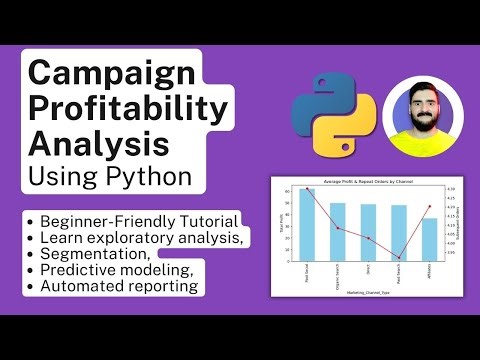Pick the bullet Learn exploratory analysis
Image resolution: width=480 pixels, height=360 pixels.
pyautogui.click(x=140, y=237)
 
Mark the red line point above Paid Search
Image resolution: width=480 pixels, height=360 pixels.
pyautogui.click(x=399, y=258)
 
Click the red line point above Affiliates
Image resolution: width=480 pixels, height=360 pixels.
pyautogui.click(x=430, y=207)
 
